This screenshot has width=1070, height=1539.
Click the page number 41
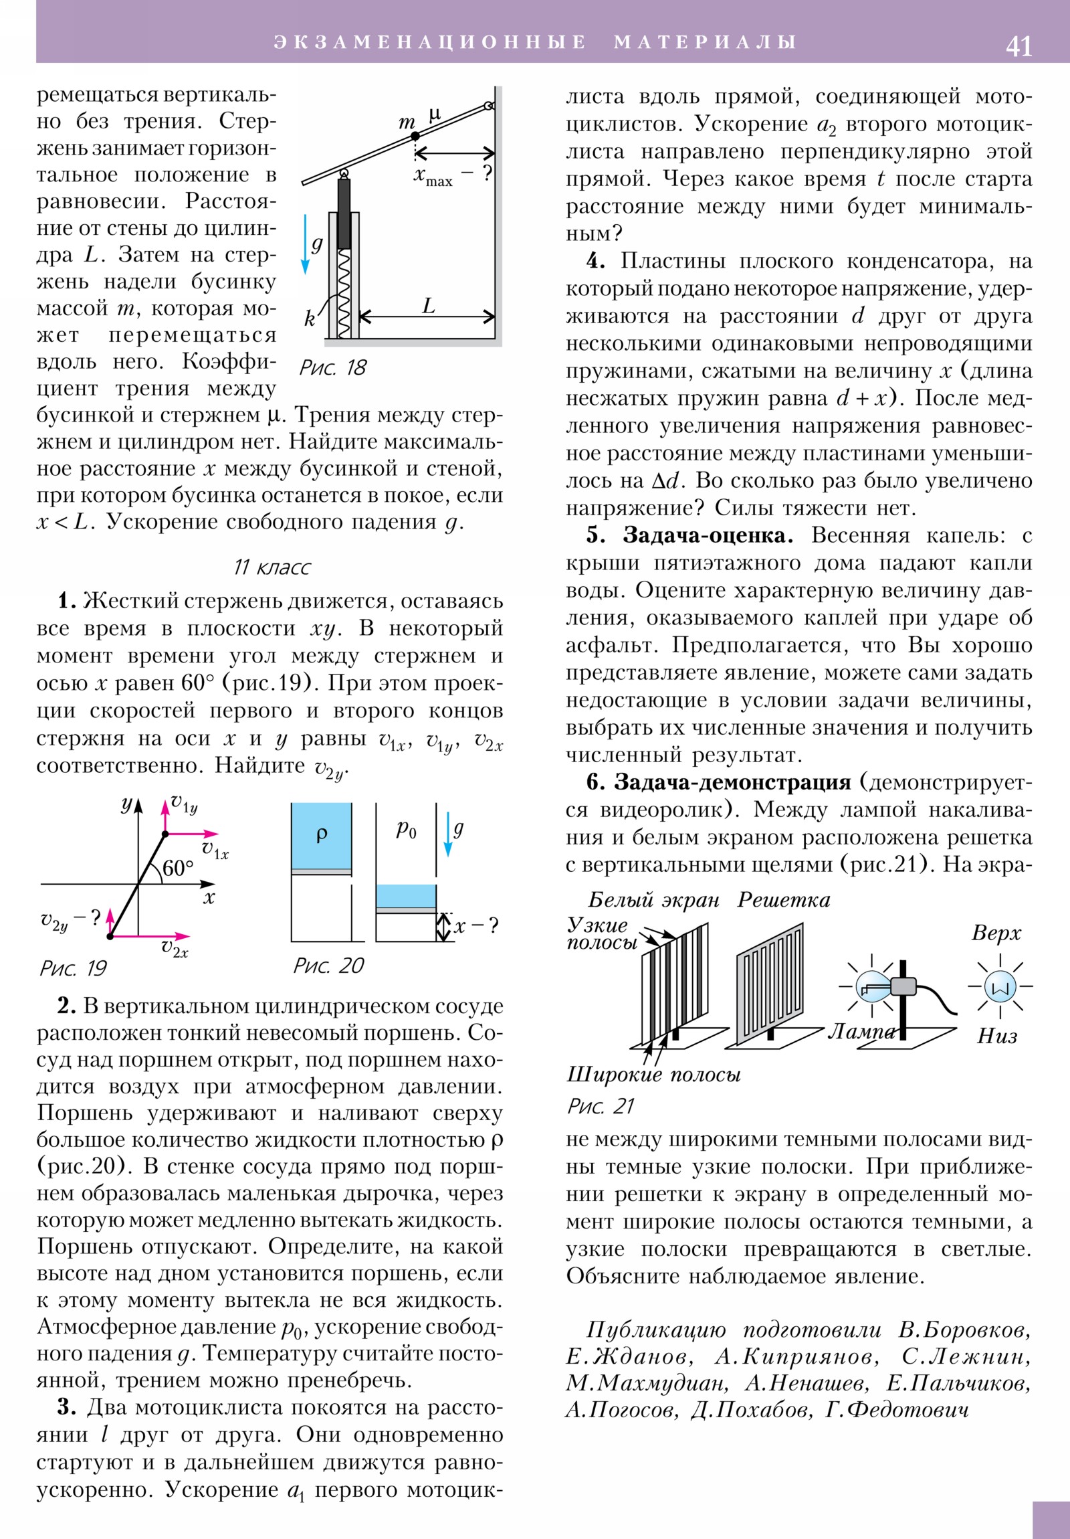[x=1019, y=46]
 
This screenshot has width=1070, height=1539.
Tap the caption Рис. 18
[x=333, y=367]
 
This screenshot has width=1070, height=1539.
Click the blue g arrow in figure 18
[x=305, y=245]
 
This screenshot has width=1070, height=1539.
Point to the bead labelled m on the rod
[x=415, y=136]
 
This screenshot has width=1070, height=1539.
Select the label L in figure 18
[x=429, y=306]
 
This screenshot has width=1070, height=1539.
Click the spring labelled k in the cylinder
[x=344, y=292]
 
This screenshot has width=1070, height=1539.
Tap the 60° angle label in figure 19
[x=177, y=868]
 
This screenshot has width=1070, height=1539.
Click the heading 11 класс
[x=272, y=567]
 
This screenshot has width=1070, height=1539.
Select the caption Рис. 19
[x=74, y=968]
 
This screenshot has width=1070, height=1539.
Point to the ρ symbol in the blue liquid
[x=322, y=834]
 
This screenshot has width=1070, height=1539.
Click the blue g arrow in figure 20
[x=448, y=835]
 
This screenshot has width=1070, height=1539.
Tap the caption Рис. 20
[x=328, y=966]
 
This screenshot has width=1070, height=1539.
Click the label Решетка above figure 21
[x=783, y=899]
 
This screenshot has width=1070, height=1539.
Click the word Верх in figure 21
[x=996, y=932]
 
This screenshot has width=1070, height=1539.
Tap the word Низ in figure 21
[x=997, y=1036]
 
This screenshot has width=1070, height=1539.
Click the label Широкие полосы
[x=653, y=1075]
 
